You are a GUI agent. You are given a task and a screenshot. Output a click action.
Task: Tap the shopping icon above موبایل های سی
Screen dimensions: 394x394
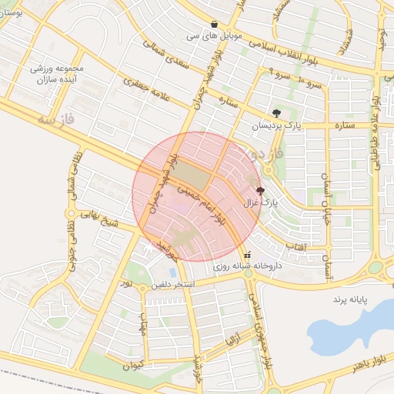click(214, 24)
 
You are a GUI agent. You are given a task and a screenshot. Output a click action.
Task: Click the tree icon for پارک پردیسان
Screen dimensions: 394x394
click(277, 113)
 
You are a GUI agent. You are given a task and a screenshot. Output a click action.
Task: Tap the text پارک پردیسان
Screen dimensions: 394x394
click(275, 125)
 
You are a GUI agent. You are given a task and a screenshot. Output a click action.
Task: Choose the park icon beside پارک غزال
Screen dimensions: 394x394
click(260, 191)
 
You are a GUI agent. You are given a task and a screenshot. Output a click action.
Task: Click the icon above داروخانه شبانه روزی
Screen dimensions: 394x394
click(247, 255)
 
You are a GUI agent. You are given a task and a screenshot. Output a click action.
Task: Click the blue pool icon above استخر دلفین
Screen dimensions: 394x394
click(172, 272)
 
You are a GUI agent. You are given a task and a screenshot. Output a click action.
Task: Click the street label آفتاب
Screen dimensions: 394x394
click(295, 247)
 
